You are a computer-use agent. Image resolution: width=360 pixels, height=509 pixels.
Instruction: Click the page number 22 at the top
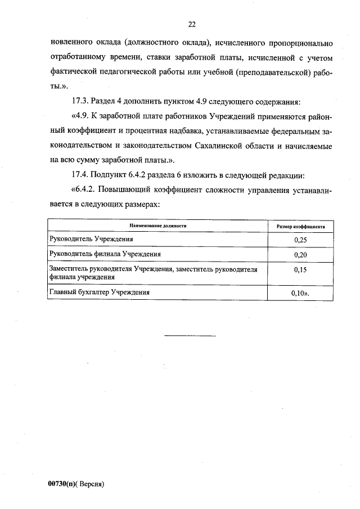pos(191,24)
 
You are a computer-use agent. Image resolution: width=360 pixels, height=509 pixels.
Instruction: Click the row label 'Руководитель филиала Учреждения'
pos(105,254)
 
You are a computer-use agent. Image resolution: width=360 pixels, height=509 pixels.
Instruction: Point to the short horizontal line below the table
pos(190,336)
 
